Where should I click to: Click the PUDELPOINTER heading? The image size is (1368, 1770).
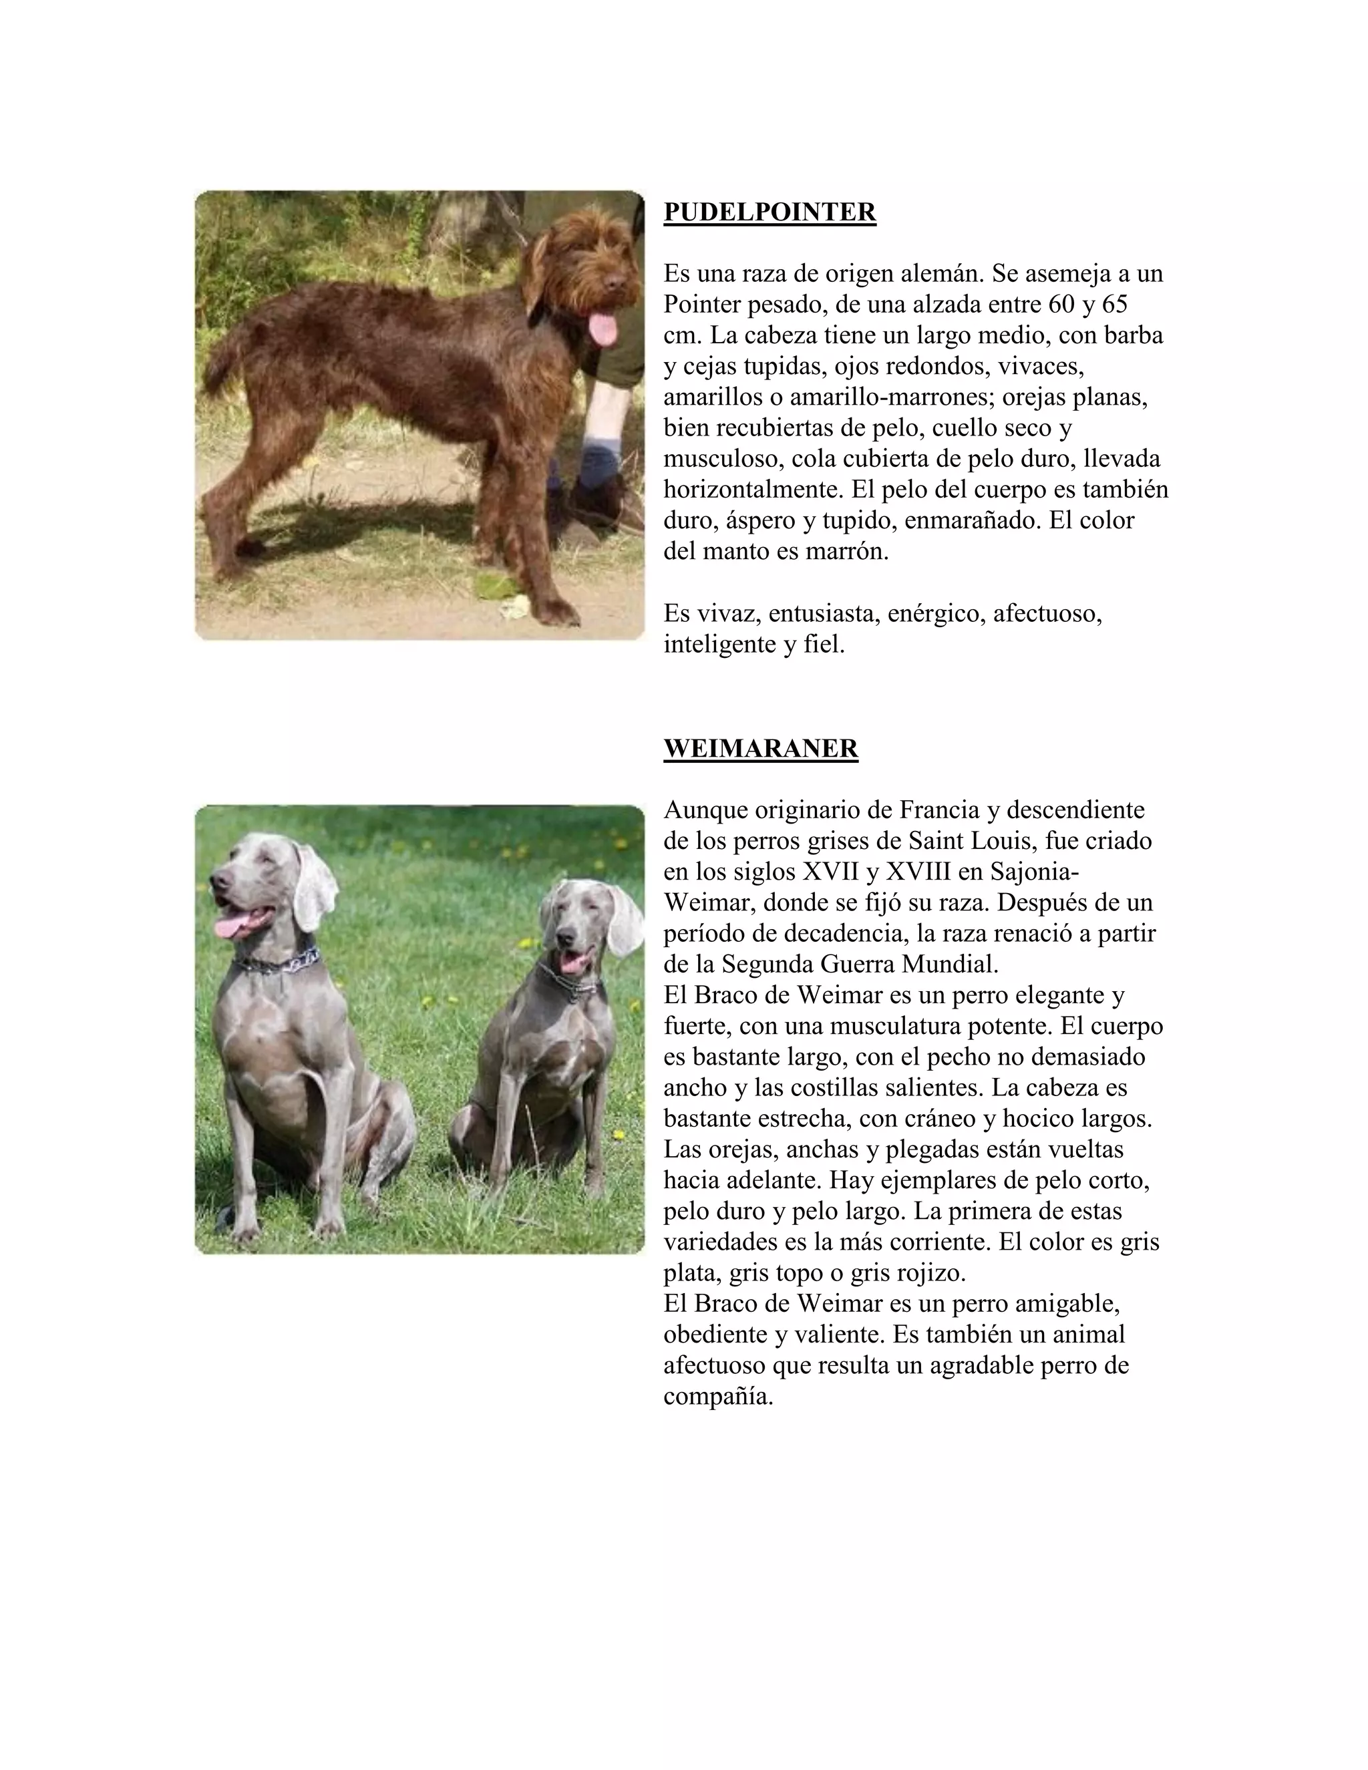coord(769,212)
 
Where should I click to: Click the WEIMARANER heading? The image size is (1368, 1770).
coord(760,748)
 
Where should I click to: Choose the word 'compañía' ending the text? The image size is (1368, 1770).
coord(717,1397)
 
